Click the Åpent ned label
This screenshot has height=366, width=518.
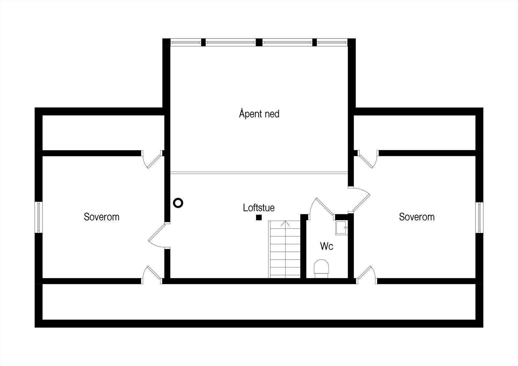tap(259, 114)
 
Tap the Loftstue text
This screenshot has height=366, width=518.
tap(259, 207)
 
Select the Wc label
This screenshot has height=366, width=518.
tap(326, 246)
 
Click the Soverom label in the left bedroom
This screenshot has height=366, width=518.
tap(101, 216)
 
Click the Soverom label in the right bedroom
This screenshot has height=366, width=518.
tap(416, 216)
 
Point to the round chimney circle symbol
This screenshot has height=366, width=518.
tap(178, 203)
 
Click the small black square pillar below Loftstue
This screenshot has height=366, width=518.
tap(259, 217)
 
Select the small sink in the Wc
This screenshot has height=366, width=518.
tap(341, 227)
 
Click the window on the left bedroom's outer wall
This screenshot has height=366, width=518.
tap(39, 217)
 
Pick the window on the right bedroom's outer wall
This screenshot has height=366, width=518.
tap(479, 217)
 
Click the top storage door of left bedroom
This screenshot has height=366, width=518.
tap(152, 159)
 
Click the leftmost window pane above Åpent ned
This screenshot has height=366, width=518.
tap(186, 42)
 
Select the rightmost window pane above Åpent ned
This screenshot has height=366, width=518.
tap(332, 42)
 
